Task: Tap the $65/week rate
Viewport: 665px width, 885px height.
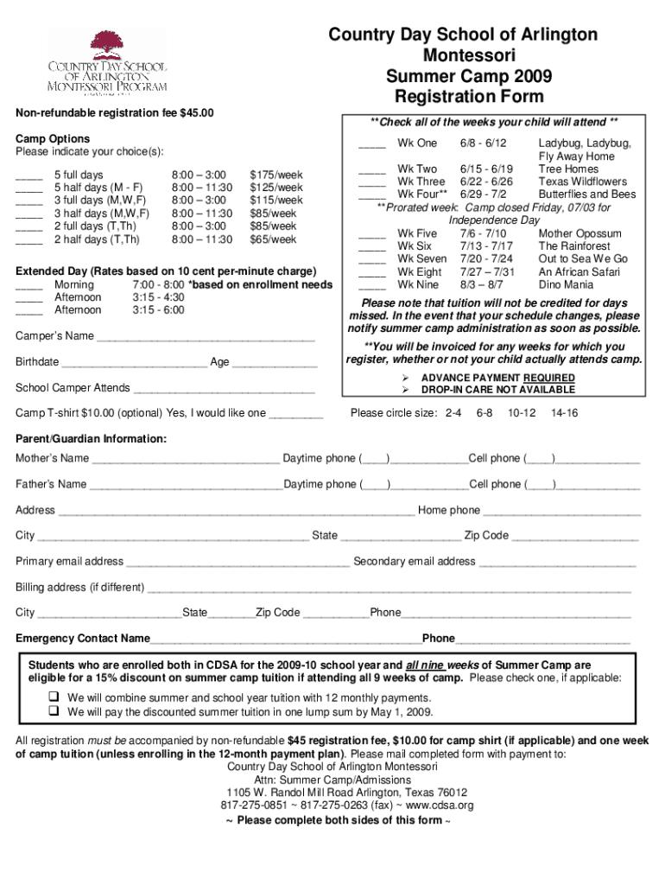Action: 273,239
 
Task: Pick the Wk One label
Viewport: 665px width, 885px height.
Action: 417,143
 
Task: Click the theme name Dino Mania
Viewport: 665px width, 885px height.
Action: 566,284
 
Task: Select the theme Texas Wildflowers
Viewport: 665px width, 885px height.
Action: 582,181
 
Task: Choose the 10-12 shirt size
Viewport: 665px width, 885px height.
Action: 522,413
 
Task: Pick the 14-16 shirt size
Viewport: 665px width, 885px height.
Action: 565,413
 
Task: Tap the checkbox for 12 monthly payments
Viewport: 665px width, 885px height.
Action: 53,697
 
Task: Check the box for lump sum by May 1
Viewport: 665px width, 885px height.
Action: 53,712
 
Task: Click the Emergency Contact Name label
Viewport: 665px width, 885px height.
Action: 83,639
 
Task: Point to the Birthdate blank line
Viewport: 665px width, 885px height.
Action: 134,363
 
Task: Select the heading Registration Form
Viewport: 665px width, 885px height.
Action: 462,95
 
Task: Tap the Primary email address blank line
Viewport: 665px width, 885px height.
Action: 237,563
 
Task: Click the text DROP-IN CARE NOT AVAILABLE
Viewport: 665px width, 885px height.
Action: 486,390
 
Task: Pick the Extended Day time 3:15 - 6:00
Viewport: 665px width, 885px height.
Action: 158,310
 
